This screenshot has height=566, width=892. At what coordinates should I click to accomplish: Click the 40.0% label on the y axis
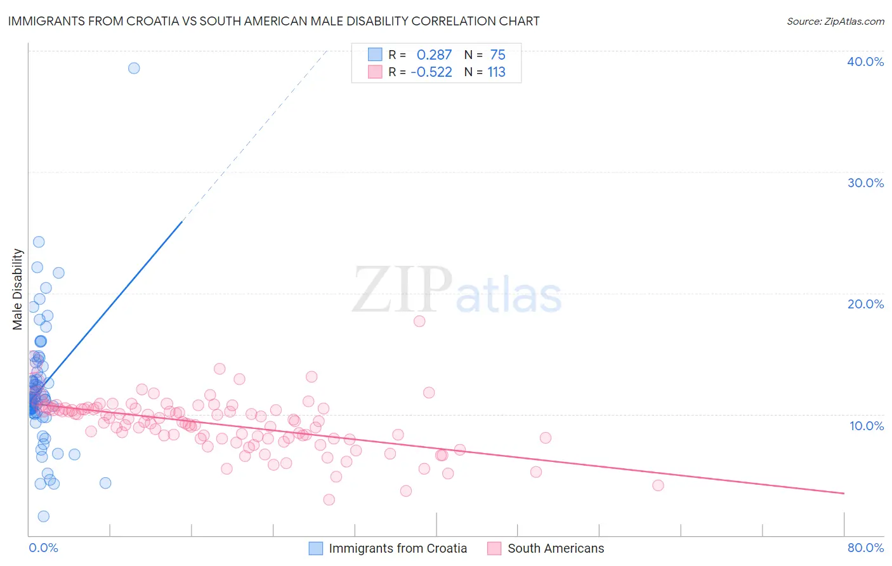[x=865, y=62]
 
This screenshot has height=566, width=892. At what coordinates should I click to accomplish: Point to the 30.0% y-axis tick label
[x=865, y=183]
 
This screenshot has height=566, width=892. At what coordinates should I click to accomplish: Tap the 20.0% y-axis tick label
[x=865, y=304]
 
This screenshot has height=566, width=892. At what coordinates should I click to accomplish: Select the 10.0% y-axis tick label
[x=866, y=426]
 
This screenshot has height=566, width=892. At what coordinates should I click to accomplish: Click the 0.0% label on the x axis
[x=43, y=548]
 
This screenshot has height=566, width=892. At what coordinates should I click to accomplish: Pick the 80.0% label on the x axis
[x=865, y=548]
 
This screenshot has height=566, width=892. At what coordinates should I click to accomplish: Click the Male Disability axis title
[x=18, y=289]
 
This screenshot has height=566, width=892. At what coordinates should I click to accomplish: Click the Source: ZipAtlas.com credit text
[x=835, y=21]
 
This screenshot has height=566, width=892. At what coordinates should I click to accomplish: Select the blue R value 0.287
[x=434, y=55]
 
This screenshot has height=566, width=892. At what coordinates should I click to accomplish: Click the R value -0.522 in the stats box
[x=431, y=72]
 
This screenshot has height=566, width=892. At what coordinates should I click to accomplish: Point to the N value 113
[x=496, y=72]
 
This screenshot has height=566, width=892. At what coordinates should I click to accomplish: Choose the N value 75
[x=497, y=55]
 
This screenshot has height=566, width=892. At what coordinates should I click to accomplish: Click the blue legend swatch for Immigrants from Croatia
[x=316, y=548]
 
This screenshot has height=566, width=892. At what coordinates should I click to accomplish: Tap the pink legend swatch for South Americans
[x=494, y=548]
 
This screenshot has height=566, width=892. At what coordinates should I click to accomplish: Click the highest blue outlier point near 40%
[x=134, y=68]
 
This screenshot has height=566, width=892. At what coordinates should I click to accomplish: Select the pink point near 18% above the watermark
[x=419, y=321]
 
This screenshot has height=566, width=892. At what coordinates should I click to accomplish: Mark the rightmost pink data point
[x=658, y=485]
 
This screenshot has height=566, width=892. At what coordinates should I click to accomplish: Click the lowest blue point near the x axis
[x=44, y=517]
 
